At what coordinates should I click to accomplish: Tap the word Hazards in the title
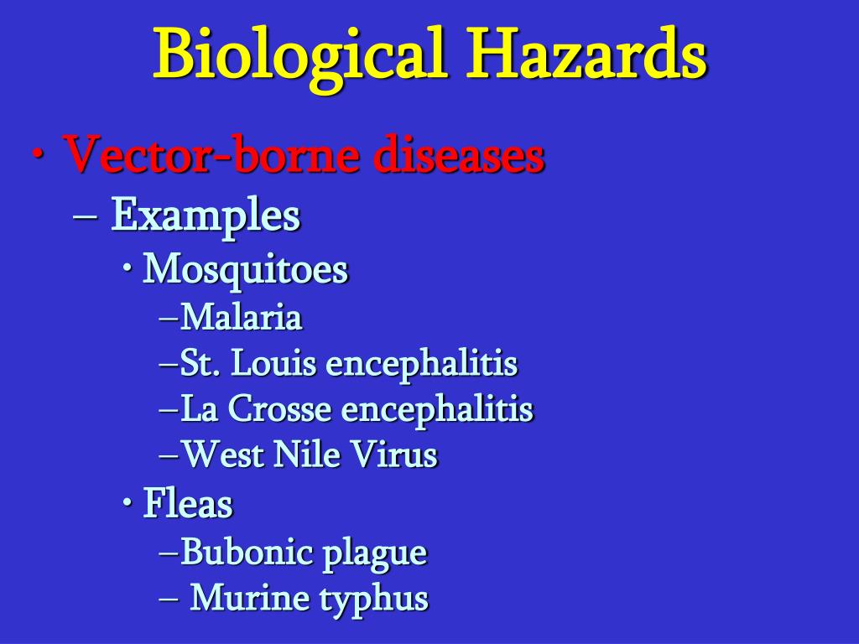586,54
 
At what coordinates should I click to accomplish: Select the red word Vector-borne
211,154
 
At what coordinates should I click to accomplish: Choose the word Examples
206,216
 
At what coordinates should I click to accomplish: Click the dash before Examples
85,216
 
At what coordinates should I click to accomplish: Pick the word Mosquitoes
246,270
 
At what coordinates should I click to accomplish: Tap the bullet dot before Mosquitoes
128,269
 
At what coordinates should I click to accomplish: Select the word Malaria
242,318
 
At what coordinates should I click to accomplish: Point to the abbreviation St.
200,363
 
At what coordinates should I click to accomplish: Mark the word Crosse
279,409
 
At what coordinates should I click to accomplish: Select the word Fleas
188,503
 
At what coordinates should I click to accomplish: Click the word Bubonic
247,552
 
